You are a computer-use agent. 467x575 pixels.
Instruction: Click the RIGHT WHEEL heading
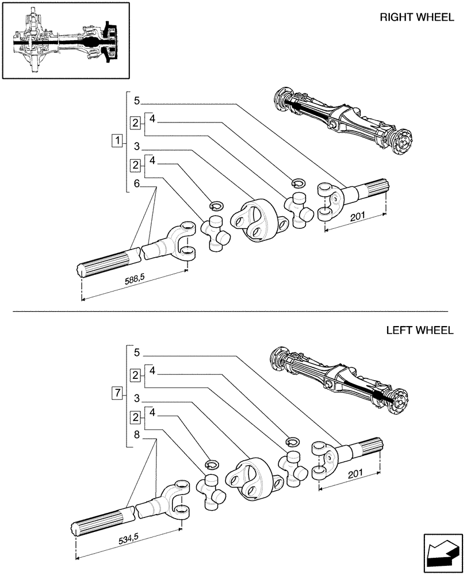click(416, 17)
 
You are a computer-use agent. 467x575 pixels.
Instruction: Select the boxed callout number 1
click(117, 140)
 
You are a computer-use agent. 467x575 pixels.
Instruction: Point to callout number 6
click(136, 184)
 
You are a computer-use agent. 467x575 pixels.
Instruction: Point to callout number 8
click(136, 435)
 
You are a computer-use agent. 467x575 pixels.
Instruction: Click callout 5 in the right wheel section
click(136, 101)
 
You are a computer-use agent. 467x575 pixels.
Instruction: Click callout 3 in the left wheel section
click(136, 398)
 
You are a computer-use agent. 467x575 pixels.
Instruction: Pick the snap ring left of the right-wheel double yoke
click(216, 205)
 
